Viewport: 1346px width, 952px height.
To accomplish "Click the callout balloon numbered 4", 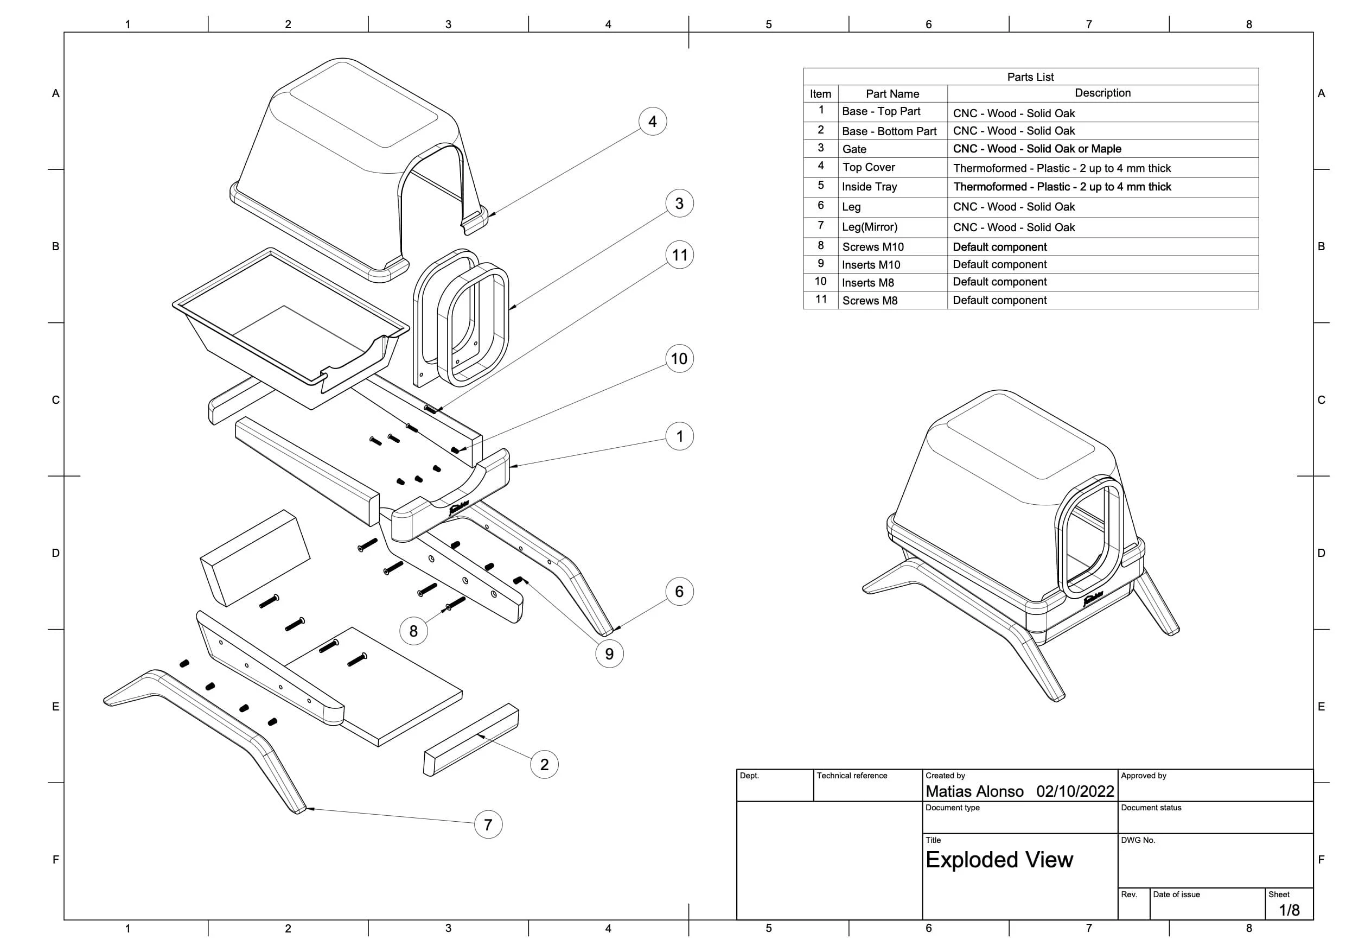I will pyautogui.click(x=653, y=122).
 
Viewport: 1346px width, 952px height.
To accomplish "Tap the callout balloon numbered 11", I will pyautogui.click(x=679, y=255).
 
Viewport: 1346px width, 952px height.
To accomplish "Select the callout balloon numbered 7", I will pyautogui.click(x=488, y=824).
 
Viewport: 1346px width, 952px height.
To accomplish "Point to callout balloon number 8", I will pyautogui.click(x=413, y=631).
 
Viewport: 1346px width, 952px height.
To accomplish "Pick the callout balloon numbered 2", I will pyautogui.click(x=544, y=764).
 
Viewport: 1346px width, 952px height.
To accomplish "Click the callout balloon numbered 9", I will pyautogui.click(x=609, y=654).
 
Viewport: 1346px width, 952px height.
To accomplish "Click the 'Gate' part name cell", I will pyautogui.click(x=854, y=149).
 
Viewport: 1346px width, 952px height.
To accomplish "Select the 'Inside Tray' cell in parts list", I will pyautogui.click(x=869, y=187).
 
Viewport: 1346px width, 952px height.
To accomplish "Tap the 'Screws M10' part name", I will pyautogui.click(x=873, y=247).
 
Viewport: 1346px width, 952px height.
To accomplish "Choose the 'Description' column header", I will pyautogui.click(x=1102, y=93).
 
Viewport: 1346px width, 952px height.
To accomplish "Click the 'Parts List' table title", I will pyautogui.click(x=1030, y=77).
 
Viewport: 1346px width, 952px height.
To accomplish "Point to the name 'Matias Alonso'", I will pyautogui.click(x=974, y=791).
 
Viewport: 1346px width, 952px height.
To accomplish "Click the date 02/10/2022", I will pyautogui.click(x=1075, y=791).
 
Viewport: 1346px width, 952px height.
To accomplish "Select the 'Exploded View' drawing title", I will pyautogui.click(x=999, y=860).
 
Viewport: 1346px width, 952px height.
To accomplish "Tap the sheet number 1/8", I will pyautogui.click(x=1289, y=910).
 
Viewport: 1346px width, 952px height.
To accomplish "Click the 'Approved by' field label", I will pyautogui.click(x=1143, y=776).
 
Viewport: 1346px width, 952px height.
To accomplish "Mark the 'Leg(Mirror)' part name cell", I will pyautogui.click(x=869, y=227).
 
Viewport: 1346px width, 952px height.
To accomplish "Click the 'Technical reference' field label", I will pyautogui.click(x=852, y=776).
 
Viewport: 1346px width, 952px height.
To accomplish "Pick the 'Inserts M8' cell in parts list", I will pyautogui.click(x=867, y=283).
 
